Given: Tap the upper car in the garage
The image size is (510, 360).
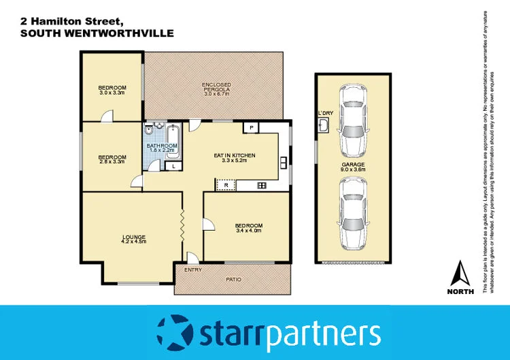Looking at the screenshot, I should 355,119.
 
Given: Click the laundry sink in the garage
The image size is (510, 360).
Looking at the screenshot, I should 323,125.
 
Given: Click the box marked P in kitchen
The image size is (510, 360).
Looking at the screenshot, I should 251,127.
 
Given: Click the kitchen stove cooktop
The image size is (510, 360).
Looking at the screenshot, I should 261,185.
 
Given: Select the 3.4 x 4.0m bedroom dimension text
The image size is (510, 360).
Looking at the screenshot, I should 248,230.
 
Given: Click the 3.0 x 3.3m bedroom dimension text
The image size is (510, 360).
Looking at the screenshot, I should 112,93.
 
